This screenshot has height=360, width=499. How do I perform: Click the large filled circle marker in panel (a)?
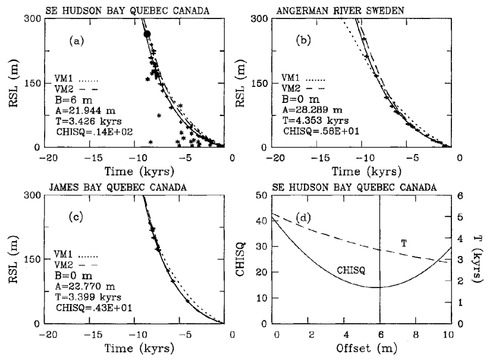click(147, 35)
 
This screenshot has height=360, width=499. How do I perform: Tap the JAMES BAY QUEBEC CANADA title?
click(103, 186)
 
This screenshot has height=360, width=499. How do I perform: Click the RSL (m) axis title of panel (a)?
click(12, 82)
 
